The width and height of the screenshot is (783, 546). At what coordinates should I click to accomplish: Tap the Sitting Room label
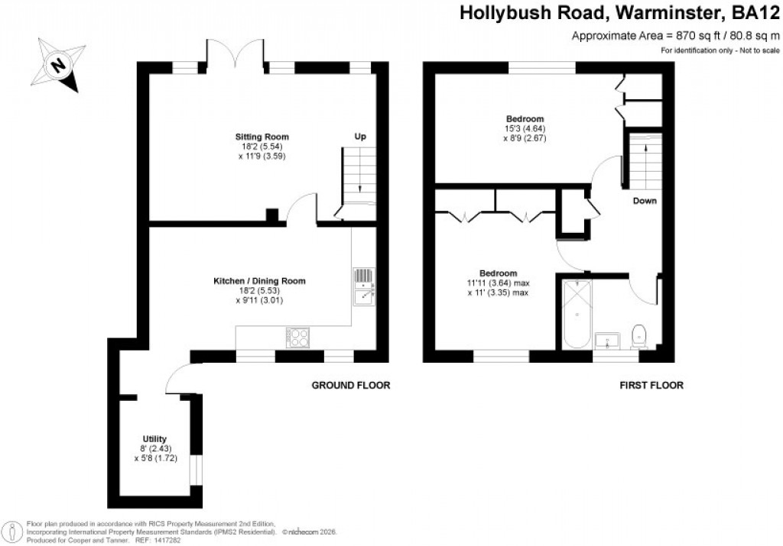pos(262,137)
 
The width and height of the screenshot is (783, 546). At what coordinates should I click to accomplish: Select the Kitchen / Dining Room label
pos(259,281)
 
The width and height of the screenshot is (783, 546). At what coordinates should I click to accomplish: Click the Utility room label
pos(154,438)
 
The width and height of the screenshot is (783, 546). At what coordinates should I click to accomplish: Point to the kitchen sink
pos(363,286)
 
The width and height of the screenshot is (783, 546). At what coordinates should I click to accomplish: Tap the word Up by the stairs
pos(359,136)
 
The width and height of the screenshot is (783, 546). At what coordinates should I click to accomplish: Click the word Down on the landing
pos(644,201)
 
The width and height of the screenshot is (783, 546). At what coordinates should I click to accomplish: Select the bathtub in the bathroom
pos(575,315)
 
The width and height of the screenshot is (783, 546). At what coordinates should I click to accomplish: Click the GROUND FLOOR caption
pos(351,386)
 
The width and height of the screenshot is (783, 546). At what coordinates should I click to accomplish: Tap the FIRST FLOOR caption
pos(651,386)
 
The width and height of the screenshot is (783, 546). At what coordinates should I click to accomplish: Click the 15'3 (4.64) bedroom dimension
pos(525,129)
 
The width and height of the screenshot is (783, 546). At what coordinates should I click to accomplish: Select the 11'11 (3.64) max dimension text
pos(498,283)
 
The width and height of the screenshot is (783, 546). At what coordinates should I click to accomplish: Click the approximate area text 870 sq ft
pos(675,36)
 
